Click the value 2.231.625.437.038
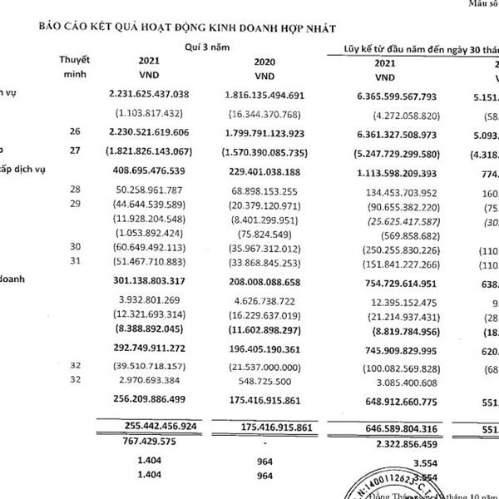click(150, 96)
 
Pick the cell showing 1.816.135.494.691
click(264, 96)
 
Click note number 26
click(76, 131)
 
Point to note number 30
click(76, 247)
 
